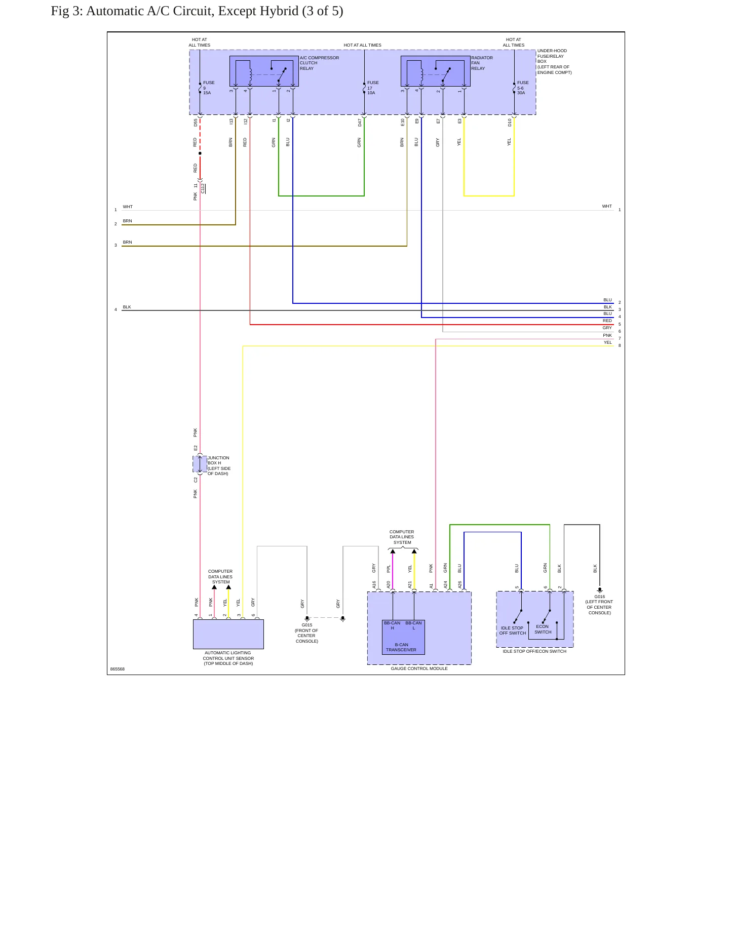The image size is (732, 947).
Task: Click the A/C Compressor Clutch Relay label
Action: click(x=319, y=63)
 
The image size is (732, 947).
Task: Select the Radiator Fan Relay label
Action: click(x=482, y=63)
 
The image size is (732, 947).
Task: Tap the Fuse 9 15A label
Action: click(x=209, y=88)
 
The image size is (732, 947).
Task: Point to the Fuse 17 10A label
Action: click(x=373, y=88)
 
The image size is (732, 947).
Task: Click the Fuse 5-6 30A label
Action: click(x=523, y=88)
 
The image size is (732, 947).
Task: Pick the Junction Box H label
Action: click(x=219, y=465)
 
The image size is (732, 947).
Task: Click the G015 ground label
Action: click(x=307, y=633)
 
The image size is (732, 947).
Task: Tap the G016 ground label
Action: click(x=599, y=605)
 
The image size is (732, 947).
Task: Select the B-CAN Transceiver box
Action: click(x=403, y=637)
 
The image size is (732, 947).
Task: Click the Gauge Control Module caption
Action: click(x=419, y=668)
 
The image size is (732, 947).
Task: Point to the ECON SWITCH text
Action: click(x=543, y=629)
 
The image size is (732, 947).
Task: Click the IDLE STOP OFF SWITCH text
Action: click(x=513, y=630)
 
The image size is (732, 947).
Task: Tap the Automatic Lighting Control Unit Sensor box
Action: click(x=228, y=634)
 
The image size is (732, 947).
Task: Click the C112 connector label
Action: click(x=203, y=188)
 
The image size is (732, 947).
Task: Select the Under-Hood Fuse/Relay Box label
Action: click(x=554, y=61)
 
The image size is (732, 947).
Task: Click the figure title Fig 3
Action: click(x=197, y=11)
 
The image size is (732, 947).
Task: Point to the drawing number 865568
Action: click(x=118, y=669)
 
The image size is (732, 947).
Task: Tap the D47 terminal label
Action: click(x=360, y=123)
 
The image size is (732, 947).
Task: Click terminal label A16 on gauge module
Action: click(x=374, y=584)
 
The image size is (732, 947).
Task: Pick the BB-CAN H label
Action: click(x=392, y=625)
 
